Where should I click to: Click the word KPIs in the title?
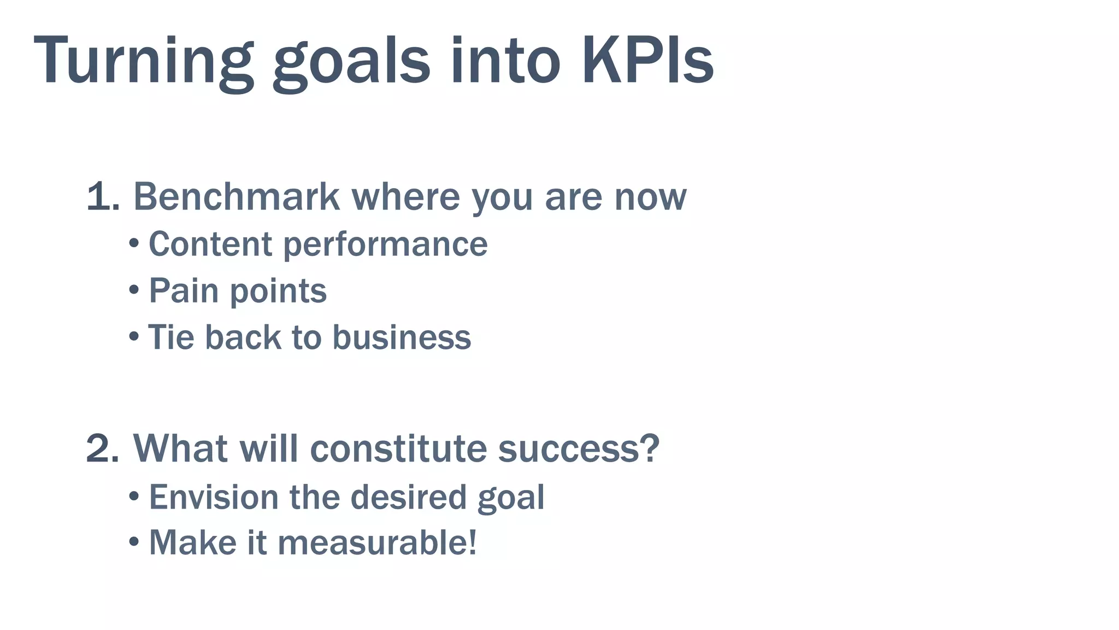tap(647, 60)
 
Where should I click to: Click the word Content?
tap(210, 244)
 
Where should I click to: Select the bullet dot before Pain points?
tap(134, 290)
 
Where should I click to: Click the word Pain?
tap(184, 290)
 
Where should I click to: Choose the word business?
tap(402, 337)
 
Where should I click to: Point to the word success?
tap(579, 449)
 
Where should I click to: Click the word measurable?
tap(377, 542)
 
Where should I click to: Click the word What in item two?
tap(180, 449)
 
